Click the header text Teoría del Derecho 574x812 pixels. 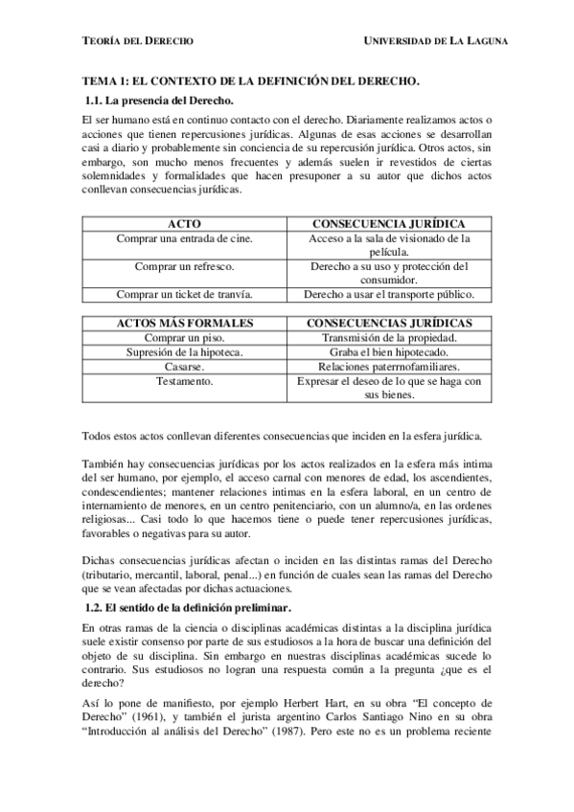pyautogui.click(x=138, y=41)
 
